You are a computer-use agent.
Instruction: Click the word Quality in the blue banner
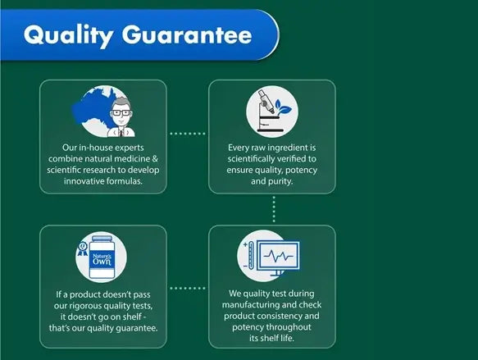coord(69,35)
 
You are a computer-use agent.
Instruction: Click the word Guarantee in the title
coord(187,34)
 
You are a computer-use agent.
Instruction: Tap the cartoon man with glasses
coord(121,116)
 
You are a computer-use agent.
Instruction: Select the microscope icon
coord(269,111)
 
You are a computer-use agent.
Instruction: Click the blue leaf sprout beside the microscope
coord(283,107)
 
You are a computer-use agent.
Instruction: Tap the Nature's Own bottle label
coord(102,260)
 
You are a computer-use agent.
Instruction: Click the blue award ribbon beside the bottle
coord(82,249)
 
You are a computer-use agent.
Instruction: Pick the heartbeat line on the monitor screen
coord(278,256)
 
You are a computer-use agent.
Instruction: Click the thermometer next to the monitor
coord(251,255)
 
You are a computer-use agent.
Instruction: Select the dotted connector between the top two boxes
coord(188,134)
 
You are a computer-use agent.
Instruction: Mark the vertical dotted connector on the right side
coord(274,209)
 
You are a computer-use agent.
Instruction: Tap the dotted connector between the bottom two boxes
coord(188,288)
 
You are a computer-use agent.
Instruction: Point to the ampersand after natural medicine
coord(155,158)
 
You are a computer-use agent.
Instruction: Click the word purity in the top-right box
coord(280,182)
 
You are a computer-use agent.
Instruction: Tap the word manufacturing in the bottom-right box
coord(250,305)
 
